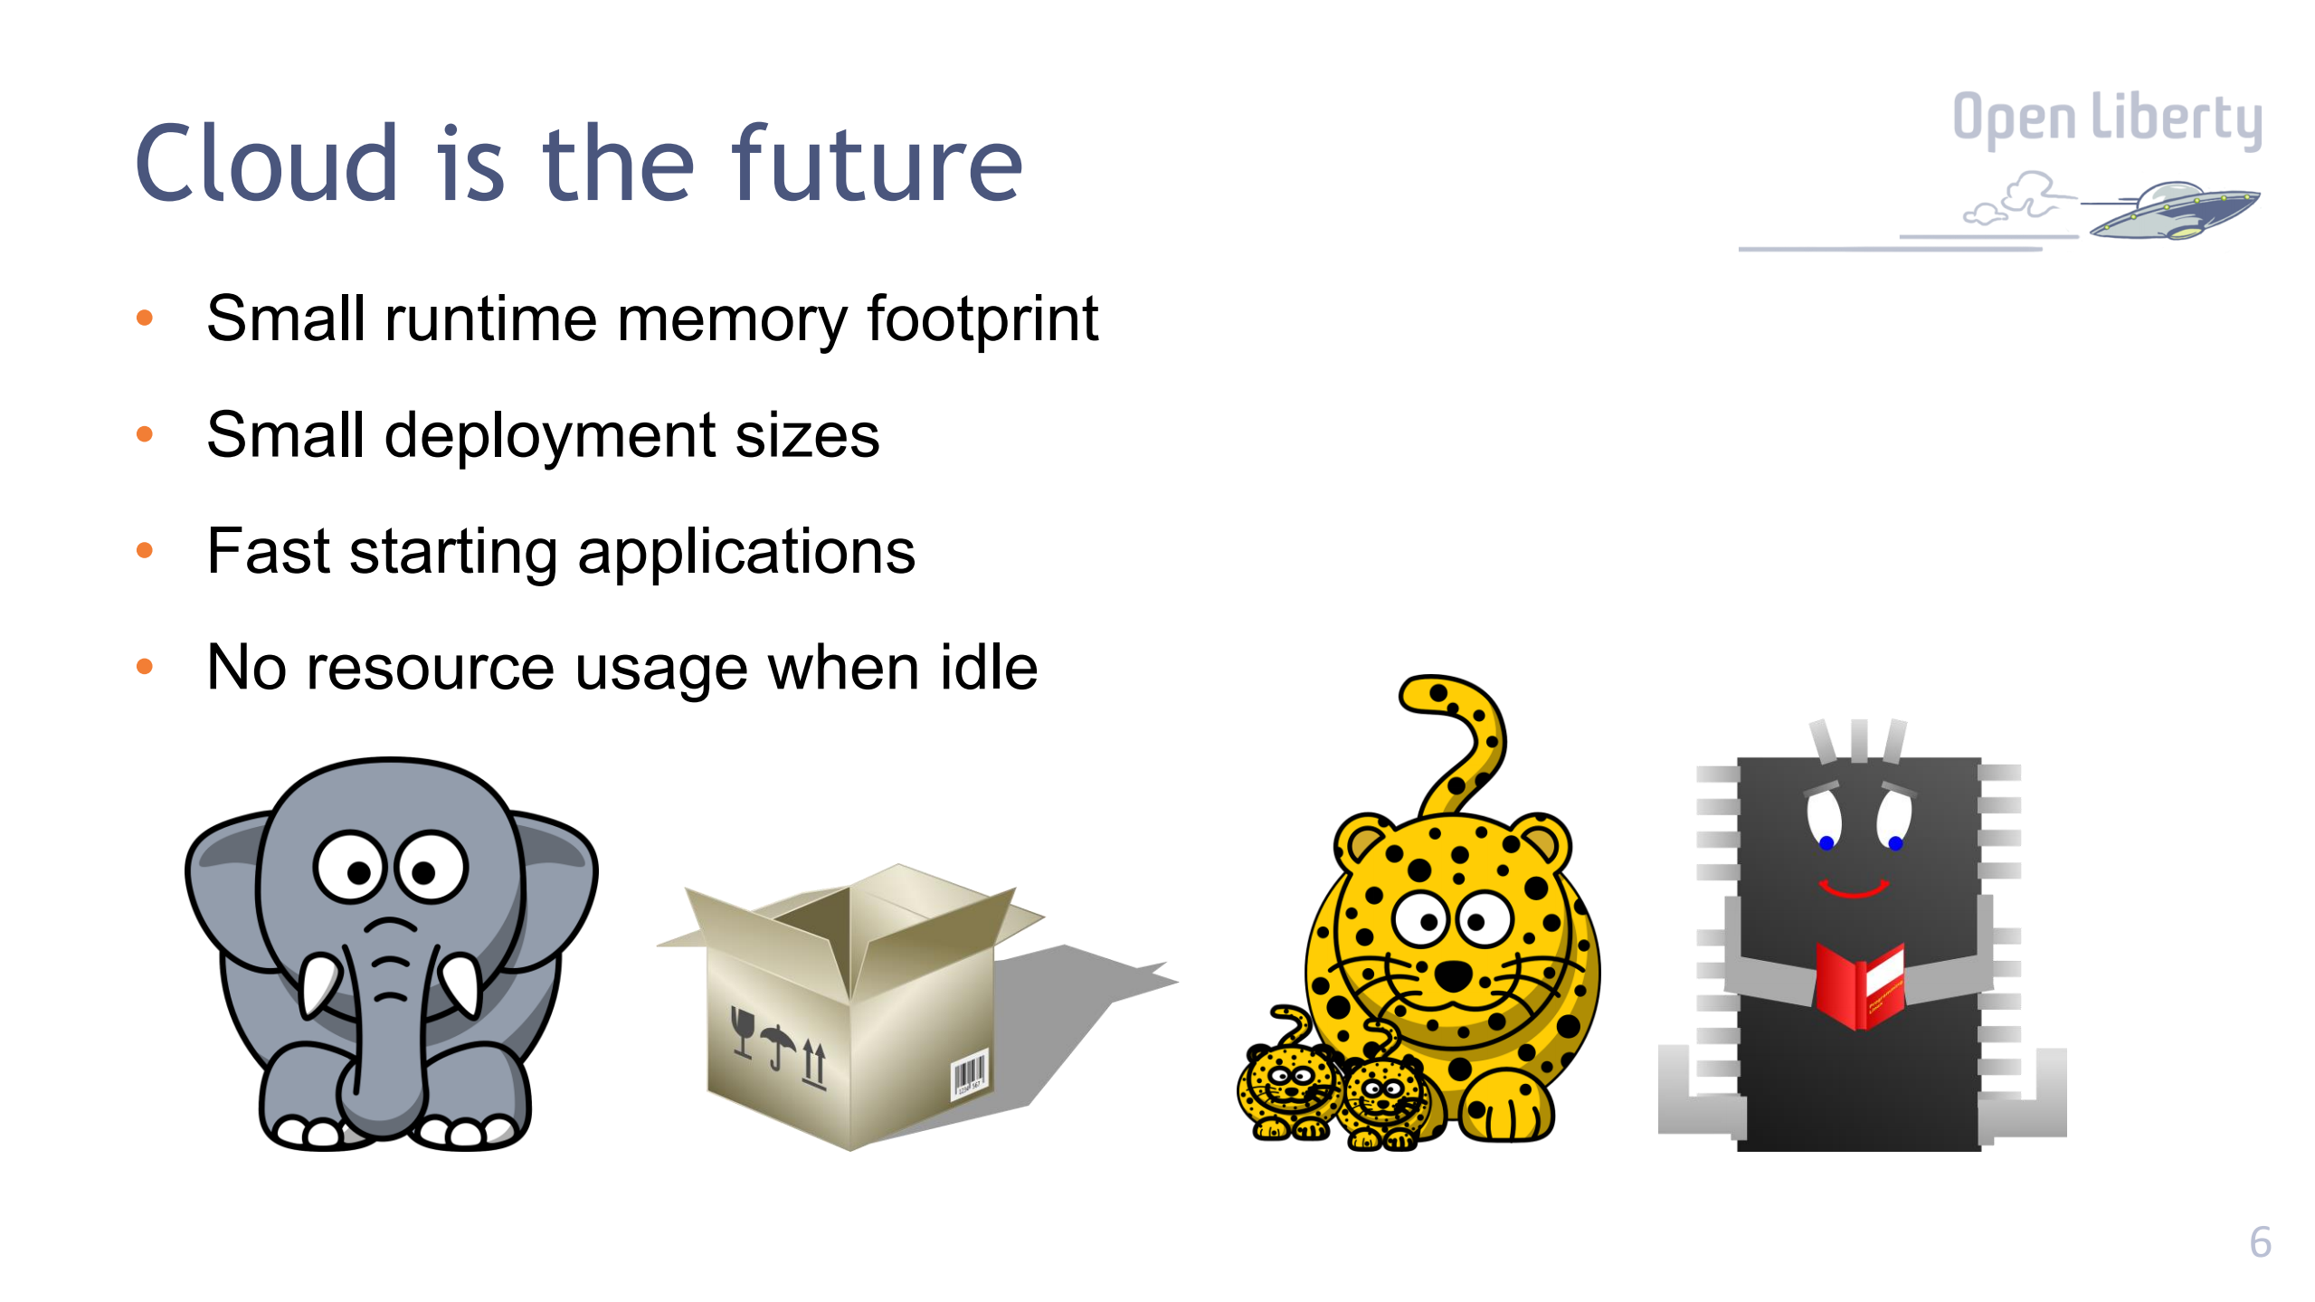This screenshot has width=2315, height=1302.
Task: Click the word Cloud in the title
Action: coord(267,165)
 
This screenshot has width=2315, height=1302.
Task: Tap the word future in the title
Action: coord(877,165)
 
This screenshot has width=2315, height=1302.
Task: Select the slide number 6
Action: coord(2259,1242)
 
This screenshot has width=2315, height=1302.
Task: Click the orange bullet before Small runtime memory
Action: coord(144,318)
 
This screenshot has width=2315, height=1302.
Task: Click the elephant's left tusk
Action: coord(318,986)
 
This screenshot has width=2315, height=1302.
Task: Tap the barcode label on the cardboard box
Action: coord(967,1075)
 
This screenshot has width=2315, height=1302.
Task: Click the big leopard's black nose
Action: coord(1453,975)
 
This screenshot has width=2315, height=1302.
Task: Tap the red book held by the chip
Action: coord(1859,986)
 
